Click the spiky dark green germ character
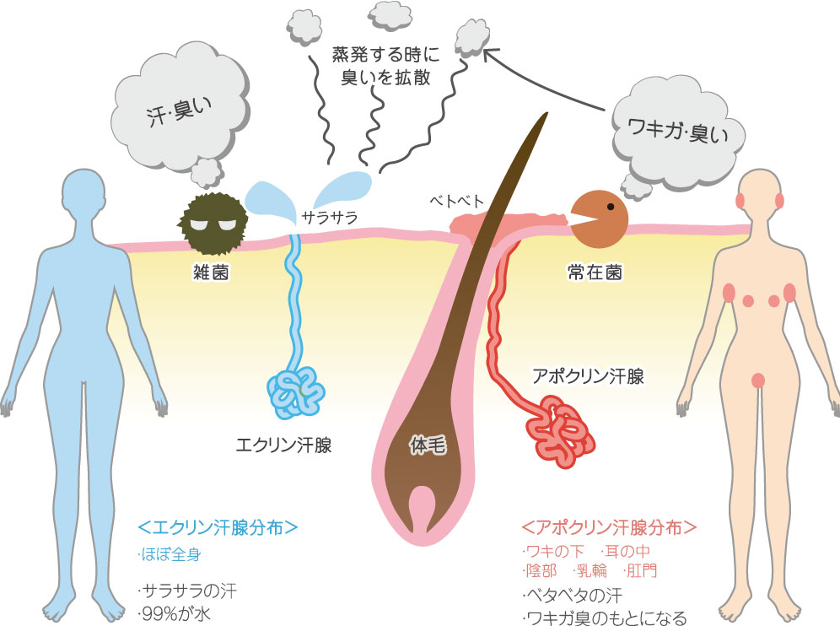[x=213, y=222]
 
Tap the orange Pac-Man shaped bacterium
[x=599, y=219]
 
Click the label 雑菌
[x=211, y=273]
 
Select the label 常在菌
[x=595, y=273]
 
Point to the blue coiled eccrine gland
[x=296, y=393]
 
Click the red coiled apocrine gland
[x=560, y=430]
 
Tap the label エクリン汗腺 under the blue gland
[x=284, y=445]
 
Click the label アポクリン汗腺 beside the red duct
[x=588, y=376]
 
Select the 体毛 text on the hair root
[x=428, y=445]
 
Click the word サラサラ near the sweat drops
[x=330, y=218]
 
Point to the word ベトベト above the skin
[x=457, y=201]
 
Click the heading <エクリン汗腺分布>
[x=218, y=527]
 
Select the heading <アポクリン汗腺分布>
[x=609, y=527]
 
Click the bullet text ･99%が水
[x=174, y=613]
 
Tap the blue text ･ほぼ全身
[x=170, y=554]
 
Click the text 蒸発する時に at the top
[x=385, y=54]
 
